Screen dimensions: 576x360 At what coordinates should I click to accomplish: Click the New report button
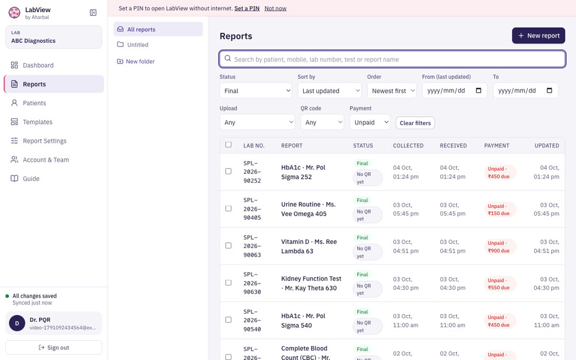[538, 36]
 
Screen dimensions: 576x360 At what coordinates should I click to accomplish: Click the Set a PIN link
[247, 8]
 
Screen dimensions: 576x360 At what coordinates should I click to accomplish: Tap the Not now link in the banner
[275, 8]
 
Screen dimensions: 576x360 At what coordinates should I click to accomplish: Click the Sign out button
[53, 347]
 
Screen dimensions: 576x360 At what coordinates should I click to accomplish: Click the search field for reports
[392, 59]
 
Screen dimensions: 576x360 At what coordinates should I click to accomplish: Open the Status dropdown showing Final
[256, 91]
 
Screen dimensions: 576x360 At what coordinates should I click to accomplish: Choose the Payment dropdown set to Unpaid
[370, 122]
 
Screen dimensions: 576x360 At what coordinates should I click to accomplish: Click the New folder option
[136, 61]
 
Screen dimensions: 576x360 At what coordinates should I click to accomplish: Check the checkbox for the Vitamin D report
[228, 245]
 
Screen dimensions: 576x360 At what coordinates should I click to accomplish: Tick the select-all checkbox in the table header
[228, 144]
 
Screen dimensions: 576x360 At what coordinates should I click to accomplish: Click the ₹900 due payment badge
[499, 246]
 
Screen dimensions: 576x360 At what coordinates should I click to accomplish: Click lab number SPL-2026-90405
[252, 209]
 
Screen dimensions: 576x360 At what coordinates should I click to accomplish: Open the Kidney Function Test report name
[311, 283]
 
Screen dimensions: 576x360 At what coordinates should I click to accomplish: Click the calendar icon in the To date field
[549, 91]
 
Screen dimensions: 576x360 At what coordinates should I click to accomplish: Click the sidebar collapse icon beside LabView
[93, 13]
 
